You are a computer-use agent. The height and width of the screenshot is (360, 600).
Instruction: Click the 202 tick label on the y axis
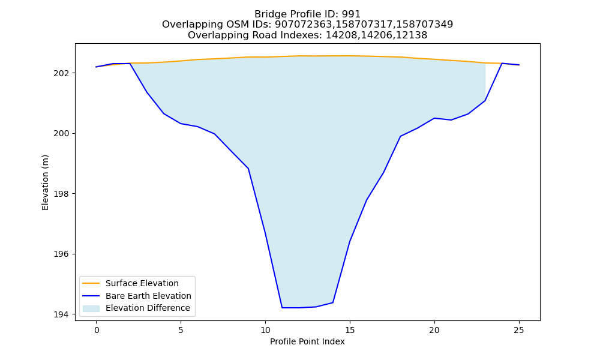pyautogui.click(x=61, y=73)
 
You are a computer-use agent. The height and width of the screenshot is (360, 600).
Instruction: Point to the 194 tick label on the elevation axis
pyautogui.click(x=61, y=314)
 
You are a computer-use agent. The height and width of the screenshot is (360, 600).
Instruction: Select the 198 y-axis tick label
pyautogui.click(x=61, y=194)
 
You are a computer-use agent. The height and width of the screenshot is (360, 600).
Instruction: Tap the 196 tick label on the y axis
pyautogui.click(x=61, y=254)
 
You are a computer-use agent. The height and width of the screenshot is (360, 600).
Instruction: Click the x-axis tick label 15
pyautogui.click(x=350, y=330)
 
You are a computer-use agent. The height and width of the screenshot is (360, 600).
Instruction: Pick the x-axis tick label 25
pyautogui.click(x=519, y=330)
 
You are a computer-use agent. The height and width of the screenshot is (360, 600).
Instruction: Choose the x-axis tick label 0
pyautogui.click(x=97, y=330)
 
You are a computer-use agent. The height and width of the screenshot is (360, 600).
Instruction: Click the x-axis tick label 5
pyautogui.click(x=181, y=330)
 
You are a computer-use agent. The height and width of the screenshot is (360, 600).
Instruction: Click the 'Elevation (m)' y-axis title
pyautogui.click(x=45, y=182)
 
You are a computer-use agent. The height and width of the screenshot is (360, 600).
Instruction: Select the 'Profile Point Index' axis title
pyautogui.click(x=307, y=341)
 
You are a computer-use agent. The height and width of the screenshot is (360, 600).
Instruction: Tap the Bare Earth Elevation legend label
pyautogui.click(x=148, y=296)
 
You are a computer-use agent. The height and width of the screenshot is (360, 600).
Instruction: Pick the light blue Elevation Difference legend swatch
pyautogui.click(x=91, y=308)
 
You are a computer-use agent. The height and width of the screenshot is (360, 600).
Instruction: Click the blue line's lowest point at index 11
pyautogui.click(x=282, y=308)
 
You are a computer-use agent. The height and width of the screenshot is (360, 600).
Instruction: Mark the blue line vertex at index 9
pyautogui.click(x=248, y=169)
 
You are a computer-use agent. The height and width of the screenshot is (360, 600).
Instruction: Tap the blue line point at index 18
pyautogui.click(x=400, y=136)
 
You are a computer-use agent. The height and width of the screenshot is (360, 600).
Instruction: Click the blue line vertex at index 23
pyautogui.click(x=485, y=101)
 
